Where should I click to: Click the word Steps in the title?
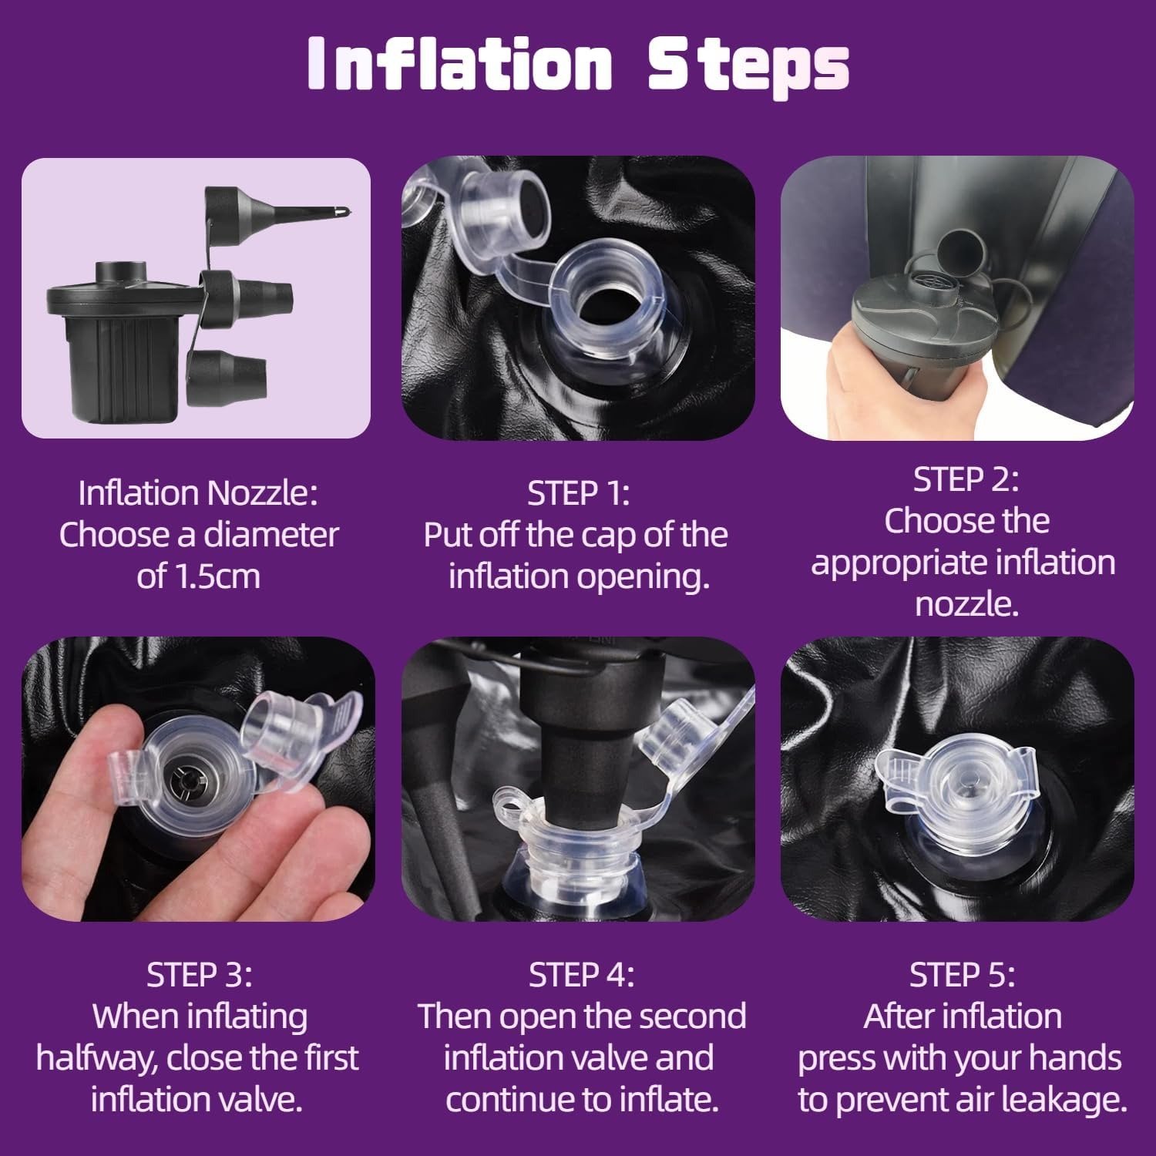pyautogui.click(x=748, y=66)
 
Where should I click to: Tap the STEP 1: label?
pyautogui.click(x=578, y=493)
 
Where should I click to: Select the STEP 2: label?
pyautogui.click(x=966, y=479)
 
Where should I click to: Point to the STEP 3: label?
pyautogui.click(x=199, y=975)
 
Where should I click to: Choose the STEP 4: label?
pyautogui.click(x=581, y=975)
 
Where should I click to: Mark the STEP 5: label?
pyautogui.click(x=962, y=975)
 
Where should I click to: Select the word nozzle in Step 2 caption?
pyautogui.click(x=966, y=604)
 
